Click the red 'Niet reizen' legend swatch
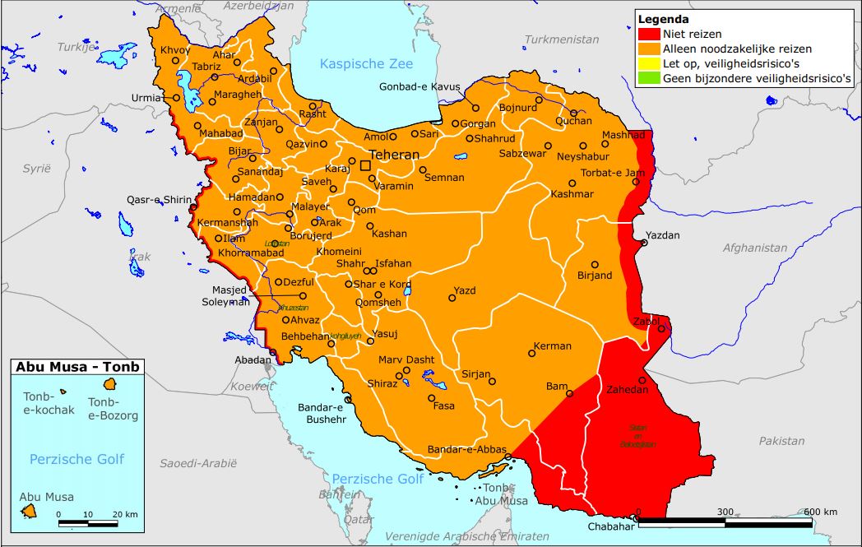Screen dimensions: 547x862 pyautogui.click(x=649, y=34)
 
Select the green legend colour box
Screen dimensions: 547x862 pyautogui.click(x=649, y=78)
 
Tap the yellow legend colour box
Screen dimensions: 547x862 pyautogui.click(x=649, y=63)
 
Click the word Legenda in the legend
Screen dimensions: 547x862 pyautogui.click(x=663, y=19)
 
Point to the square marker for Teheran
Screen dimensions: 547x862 pyautogui.click(x=365, y=165)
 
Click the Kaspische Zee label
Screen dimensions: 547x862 pyautogui.click(x=366, y=64)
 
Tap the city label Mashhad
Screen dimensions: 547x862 pyautogui.click(x=623, y=135)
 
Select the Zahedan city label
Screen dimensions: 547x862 pyautogui.click(x=628, y=390)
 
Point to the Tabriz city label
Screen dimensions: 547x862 pyautogui.click(x=206, y=67)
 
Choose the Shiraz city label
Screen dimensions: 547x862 pyautogui.click(x=382, y=383)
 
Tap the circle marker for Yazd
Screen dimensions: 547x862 pyautogui.click(x=452, y=299)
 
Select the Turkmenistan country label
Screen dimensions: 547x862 pyautogui.click(x=562, y=39)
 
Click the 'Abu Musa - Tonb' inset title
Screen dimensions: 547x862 pyautogui.click(x=76, y=368)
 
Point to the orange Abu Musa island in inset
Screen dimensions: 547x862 pyautogui.click(x=30, y=511)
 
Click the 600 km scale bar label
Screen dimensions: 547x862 pyautogui.click(x=819, y=512)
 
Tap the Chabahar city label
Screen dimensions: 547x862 pyautogui.click(x=611, y=527)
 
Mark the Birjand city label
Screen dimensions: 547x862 pyautogui.click(x=595, y=276)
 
